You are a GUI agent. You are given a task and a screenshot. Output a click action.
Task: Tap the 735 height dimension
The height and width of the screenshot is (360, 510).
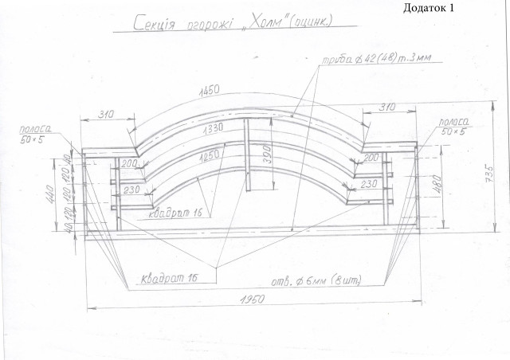click(x=493, y=172)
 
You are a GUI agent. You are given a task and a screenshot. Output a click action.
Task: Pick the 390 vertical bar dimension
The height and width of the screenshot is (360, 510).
click(x=268, y=155)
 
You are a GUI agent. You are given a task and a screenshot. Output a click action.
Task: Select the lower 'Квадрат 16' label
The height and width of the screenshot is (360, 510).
click(x=169, y=277)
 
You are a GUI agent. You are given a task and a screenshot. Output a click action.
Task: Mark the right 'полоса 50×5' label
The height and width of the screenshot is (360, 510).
click(x=451, y=125)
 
